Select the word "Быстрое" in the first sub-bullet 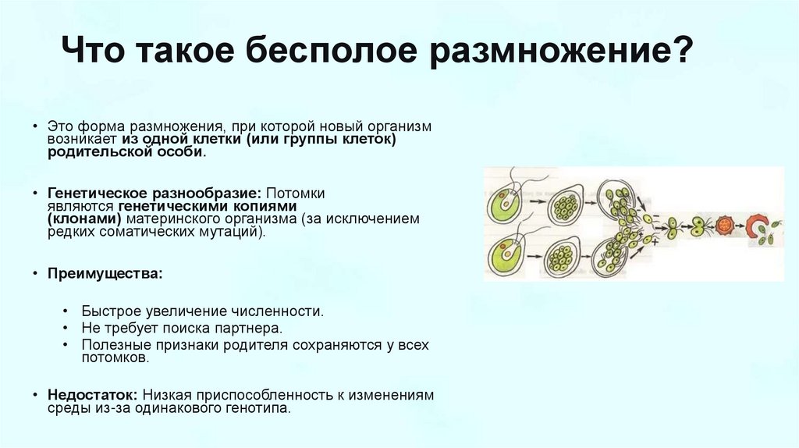(105, 311)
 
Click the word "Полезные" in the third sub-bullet (110, 345)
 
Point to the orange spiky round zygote (723, 226)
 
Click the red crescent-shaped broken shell (756, 226)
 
